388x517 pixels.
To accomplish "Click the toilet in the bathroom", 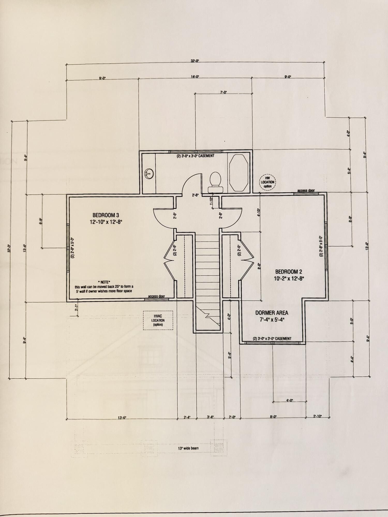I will tap(215, 182).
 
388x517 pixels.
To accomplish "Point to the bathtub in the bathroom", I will tap(238, 173).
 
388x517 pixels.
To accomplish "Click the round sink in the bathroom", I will tap(149, 174).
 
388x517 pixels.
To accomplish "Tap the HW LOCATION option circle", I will tap(267, 182).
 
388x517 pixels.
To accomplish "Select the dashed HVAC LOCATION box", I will tap(158, 320).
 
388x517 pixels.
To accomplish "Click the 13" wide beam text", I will tap(188, 448).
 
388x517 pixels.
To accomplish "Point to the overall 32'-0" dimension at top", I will tap(195, 61).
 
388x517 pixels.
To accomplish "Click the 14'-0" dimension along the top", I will tap(195, 77).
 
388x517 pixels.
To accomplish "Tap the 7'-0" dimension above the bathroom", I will tap(223, 92).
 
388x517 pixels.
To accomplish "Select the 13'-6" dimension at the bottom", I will tap(122, 417).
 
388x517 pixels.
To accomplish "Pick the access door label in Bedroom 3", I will tap(156, 296).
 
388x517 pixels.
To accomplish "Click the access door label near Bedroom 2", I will tap(306, 191).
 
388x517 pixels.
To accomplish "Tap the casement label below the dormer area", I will tap(272, 338).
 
